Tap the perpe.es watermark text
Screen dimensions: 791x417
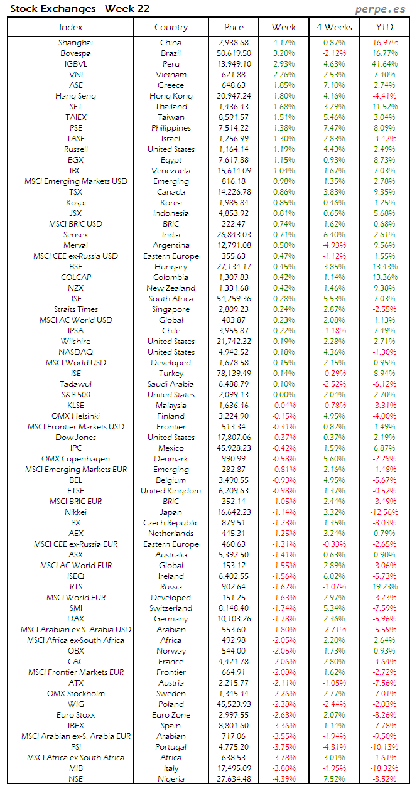click(381, 9)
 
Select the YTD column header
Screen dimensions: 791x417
click(384, 27)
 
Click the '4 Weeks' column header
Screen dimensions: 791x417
click(334, 27)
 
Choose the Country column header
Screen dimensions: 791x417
click(171, 27)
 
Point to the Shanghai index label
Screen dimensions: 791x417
click(75, 43)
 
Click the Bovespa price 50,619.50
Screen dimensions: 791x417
click(233, 53)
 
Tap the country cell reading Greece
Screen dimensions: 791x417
click(171, 85)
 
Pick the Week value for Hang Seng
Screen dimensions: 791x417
click(284, 96)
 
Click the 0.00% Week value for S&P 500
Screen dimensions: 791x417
click(284, 395)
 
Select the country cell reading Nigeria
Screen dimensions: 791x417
click(171, 779)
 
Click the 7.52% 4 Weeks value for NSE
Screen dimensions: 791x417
click(334, 779)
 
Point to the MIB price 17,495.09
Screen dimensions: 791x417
click(233, 768)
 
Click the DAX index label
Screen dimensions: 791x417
click(75, 619)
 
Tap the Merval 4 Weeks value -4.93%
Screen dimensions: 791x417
click(333, 245)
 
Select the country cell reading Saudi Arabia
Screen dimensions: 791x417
click(171, 384)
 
